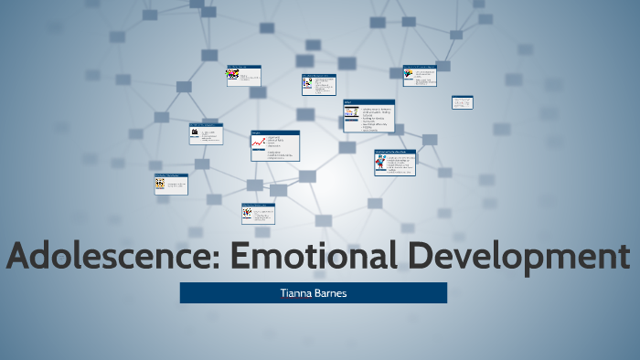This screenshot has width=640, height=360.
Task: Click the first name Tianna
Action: (296, 292)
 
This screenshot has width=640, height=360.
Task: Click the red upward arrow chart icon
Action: (258, 143)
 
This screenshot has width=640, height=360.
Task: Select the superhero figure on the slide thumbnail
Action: (380, 164)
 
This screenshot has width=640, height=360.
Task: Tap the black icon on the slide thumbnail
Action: (195, 133)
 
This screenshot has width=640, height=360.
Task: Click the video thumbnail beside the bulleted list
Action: (351, 113)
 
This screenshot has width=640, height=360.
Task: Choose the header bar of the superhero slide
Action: (394, 151)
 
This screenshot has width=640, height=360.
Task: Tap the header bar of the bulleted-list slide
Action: (368, 101)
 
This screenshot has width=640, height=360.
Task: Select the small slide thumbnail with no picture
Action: (462, 102)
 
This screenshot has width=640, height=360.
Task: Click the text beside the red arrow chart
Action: (278, 148)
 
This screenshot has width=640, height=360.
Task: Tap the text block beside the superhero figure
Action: (400, 164)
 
